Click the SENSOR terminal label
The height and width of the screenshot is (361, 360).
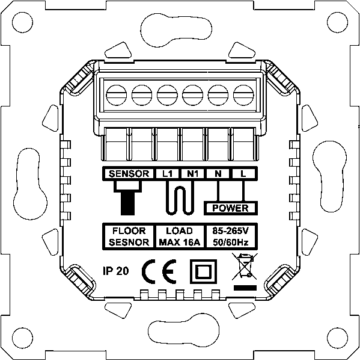tap(129, 174)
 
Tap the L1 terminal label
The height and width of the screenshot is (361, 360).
tap(167, 174)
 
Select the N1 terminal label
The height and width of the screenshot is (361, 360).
tap(192, 174)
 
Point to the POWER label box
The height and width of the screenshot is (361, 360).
tap(231, 208)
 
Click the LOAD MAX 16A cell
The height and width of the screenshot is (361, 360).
tap(180, 236)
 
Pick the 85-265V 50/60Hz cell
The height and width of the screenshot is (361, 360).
tap(231, 236)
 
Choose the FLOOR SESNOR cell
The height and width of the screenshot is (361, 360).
tap(129, 236)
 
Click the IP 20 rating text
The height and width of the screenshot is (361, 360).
tap(116, 271)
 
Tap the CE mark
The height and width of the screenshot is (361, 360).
tap(159, 272)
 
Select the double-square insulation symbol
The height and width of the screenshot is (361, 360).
tap(203, 271)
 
